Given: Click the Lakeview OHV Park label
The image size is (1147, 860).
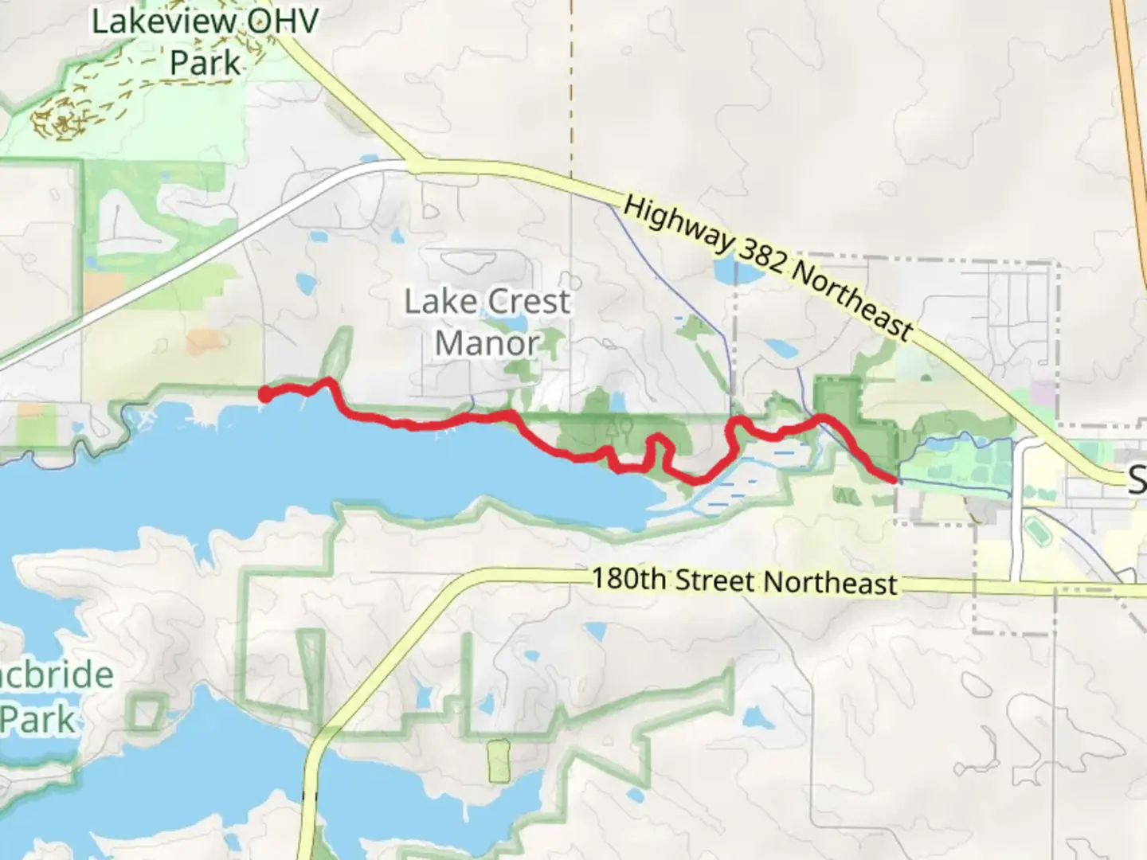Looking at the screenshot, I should click(205, 41).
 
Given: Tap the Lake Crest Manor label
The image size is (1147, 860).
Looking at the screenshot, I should click(487, 322).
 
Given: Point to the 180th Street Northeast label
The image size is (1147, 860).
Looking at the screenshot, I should click(745, 580).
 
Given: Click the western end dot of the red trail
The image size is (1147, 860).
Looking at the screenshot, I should click(264, 393).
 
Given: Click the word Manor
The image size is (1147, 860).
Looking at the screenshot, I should click(487, 343).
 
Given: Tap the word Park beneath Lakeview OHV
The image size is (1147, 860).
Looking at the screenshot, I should click(205, 63).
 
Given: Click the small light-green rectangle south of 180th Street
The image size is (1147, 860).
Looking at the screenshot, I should click(499, 761).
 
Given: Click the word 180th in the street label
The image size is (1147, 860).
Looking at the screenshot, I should click(628, 577).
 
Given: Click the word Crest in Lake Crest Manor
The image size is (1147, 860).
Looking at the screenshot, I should click(528, 301).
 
